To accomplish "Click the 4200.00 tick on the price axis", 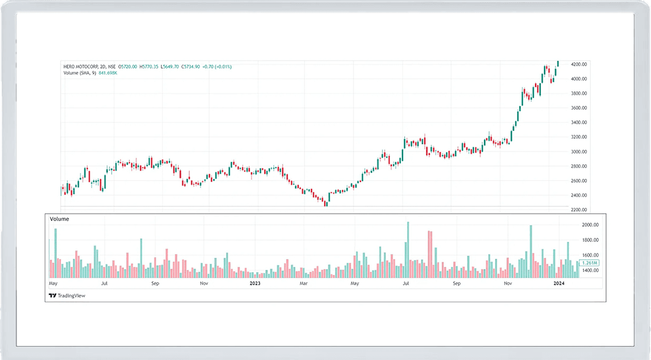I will (x=579, y=64).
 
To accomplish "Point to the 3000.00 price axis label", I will (x=579, y=151).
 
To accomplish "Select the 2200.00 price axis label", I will (x=579, y=210).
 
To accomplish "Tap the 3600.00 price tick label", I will (x=579, y=108).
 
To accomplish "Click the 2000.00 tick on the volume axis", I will (x=591, y=225).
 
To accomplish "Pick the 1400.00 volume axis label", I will (x=591, y=271).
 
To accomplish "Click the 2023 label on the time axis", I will (x=255, y=284).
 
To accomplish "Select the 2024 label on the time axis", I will (x=559, y=284).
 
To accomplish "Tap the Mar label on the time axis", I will (x=304, y=284).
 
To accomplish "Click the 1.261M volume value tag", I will (x=591, y=263).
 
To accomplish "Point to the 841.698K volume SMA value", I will (x=107, y=73).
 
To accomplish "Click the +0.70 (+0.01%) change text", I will (x=218, y=67).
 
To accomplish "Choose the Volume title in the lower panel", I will (x=59, y=219).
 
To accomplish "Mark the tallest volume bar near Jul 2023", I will (x=408, y=250).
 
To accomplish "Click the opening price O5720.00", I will (x=127, y=67).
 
